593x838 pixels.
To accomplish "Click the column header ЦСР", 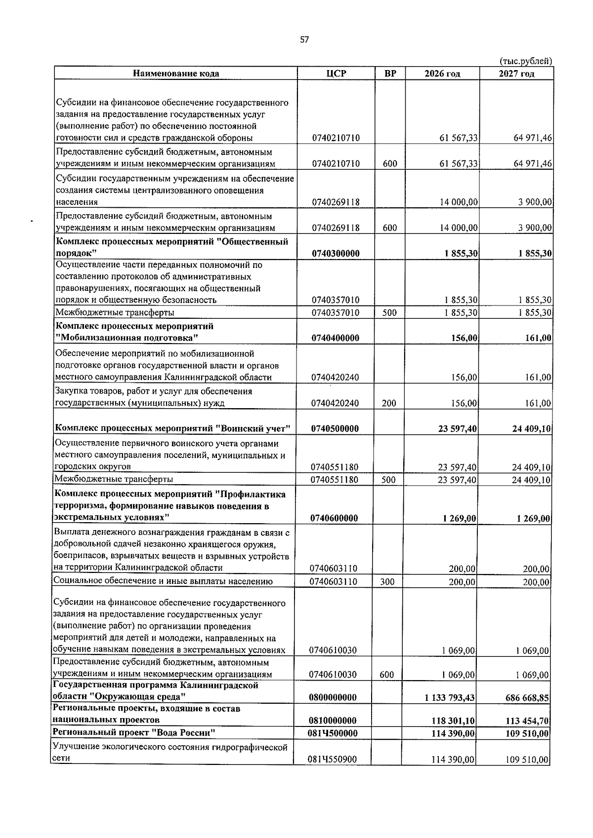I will (x=336, y=74).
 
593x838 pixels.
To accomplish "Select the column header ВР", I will (x=390, y=74).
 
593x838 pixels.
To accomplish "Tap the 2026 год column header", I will (x=442, y=74).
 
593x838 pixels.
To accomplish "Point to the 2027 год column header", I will (x=516, y=74).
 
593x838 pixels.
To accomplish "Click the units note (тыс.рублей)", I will (x=526, y=61).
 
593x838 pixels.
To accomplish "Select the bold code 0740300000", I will (x=336, y=254).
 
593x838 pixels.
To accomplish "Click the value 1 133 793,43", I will (x=449, y=697).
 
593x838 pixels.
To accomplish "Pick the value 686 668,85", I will (x=527, y=697).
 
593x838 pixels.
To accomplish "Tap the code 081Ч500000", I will (x=333, y=733).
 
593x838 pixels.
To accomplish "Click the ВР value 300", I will (x=387, y=582).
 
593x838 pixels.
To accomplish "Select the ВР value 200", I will (x=389, y=403).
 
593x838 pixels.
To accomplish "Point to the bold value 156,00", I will (x=465, y=338).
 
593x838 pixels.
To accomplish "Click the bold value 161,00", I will (x=539, y=338).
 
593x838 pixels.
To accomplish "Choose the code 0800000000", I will (x=333, y=697).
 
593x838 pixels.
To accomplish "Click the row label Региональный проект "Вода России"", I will (x=134, y=732).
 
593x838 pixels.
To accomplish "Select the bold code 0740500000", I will (x=335, y=428).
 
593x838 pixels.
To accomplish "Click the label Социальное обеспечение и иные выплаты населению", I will (x=164, y=581).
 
